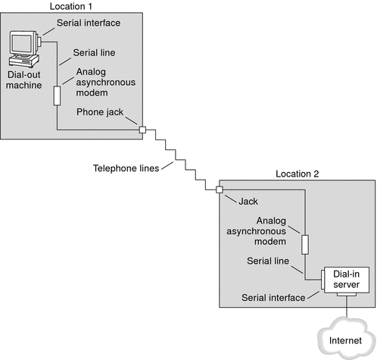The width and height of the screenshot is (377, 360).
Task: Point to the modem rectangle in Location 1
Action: point(55,95)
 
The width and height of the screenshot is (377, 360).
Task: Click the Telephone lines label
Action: point(125,168)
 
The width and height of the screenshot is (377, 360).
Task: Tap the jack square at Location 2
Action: point(219,189)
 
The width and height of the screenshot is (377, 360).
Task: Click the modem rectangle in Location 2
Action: point(304,244)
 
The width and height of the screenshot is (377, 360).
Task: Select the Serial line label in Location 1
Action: point(95,54)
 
